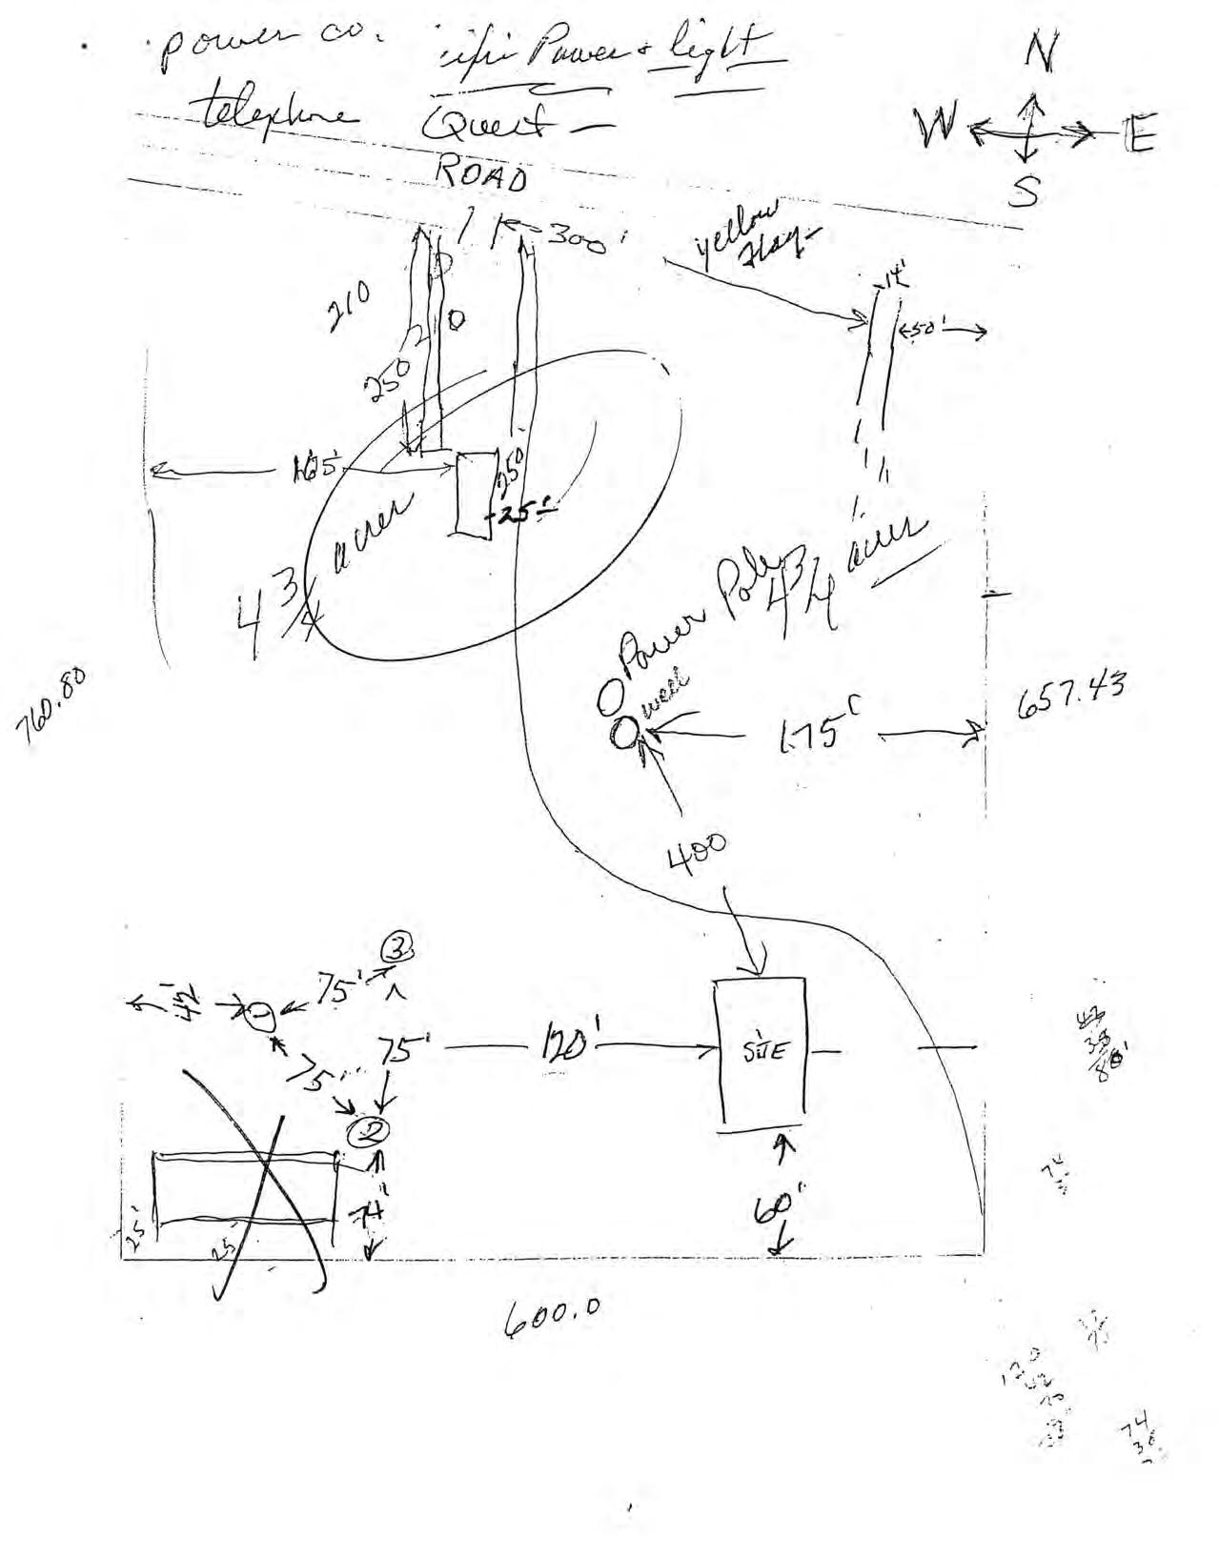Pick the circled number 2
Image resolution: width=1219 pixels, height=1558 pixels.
point(368,1132)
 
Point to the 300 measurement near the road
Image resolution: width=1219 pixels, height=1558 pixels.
point(576,238)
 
